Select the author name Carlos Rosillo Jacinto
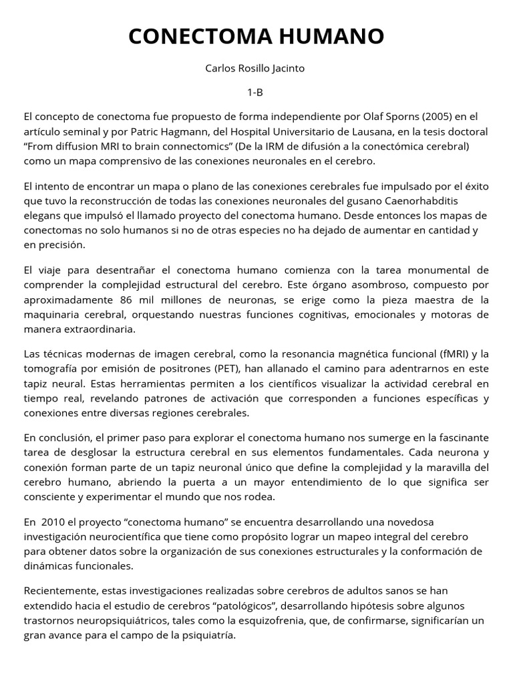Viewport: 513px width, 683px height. pyautogui.click(x=256, y=69)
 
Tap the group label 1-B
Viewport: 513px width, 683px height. pyautogui.click(x=256, y=92)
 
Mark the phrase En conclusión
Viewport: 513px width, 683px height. pyautogui.click(x=56, y=438)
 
